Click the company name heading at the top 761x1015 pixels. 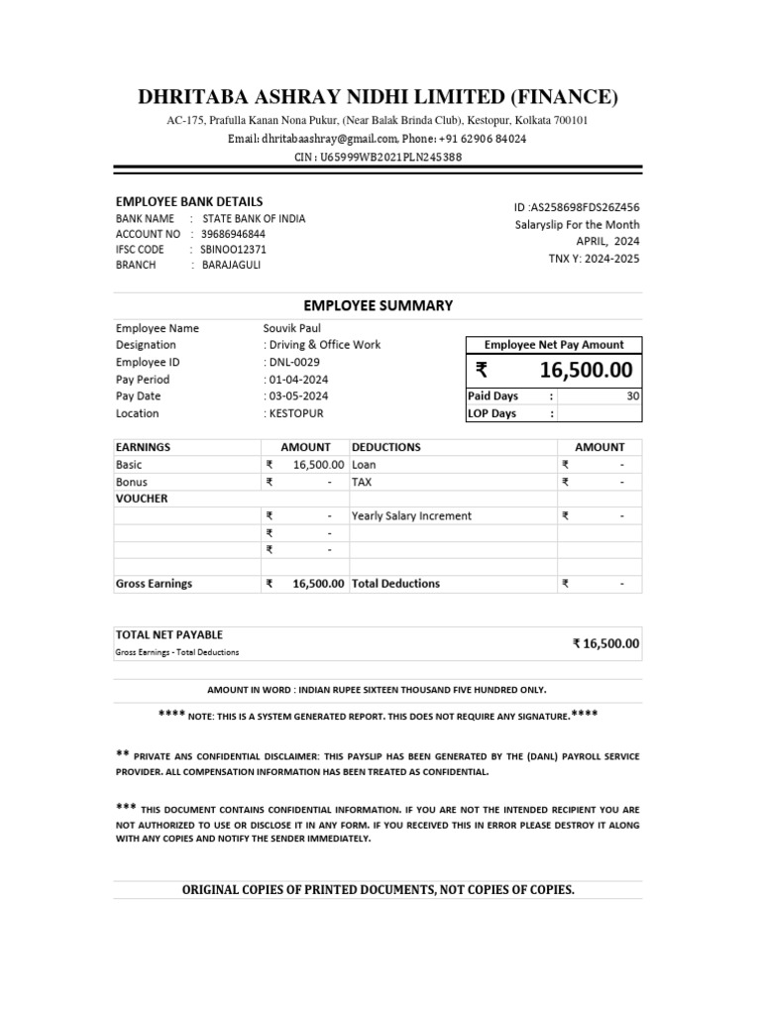tap(378, 96)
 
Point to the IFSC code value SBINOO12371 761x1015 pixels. tap(233, 250)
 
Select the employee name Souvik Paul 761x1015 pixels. tap(291, 328)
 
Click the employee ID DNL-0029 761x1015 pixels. tap(292, 362)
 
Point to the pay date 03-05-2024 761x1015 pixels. tap(298, 396)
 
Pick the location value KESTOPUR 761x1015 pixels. tap(297, 413)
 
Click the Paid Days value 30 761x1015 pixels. tap(633, 396)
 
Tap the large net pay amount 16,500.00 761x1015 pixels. tap(587, 371)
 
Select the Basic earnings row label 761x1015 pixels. tap(130, 464)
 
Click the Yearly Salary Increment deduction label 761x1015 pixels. tap(411, 515)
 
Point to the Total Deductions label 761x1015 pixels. tap(395, 584)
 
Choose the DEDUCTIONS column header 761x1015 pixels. tap(386, 447)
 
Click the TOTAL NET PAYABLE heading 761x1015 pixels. tap(169, 634)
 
